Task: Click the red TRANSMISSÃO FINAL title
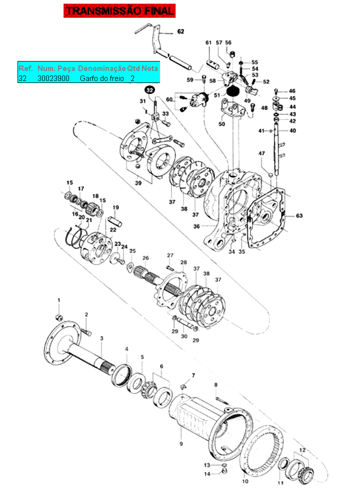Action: point(119,10)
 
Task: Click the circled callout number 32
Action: point(150,90)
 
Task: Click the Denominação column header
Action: point(101,67)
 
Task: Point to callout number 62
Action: point(180,31)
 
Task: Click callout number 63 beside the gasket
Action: point(299,216)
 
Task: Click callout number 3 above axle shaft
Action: point(101,338)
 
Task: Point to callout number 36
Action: point(196,226)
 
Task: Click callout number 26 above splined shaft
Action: point(145,258)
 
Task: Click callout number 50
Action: point(221,124)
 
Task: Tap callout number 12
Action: point(302,450)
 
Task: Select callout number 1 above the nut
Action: point(58,299)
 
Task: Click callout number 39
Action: point(138,182)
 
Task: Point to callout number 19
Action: point(115,207)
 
